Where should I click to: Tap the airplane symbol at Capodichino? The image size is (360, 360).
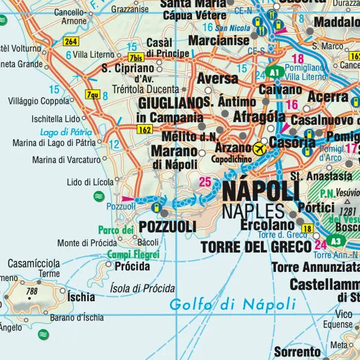[x=260, y=148]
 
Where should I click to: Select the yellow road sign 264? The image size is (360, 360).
[x=71, y=41]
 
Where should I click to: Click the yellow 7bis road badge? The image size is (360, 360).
[x=136, y=58]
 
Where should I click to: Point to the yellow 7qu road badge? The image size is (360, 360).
[x=92, y=94]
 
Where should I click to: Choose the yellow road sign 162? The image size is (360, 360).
[x=145, y=129]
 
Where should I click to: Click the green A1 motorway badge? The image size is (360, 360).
[x=275, y=72]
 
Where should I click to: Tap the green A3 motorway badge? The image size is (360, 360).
[x=337, y=241]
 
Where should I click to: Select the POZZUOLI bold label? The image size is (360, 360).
[x=167, y=227]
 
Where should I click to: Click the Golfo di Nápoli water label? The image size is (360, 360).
[x=233, y=304]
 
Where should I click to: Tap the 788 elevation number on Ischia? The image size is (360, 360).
[x=32, y=292]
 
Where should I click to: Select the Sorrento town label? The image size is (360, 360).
[x=297, y=351]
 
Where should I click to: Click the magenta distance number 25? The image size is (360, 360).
[x=205, y=182]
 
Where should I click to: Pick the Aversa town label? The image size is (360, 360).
[x=214, y=79]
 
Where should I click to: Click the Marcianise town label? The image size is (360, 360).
[x=219, y=41]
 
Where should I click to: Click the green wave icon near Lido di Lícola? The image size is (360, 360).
[x=98, y=196]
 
